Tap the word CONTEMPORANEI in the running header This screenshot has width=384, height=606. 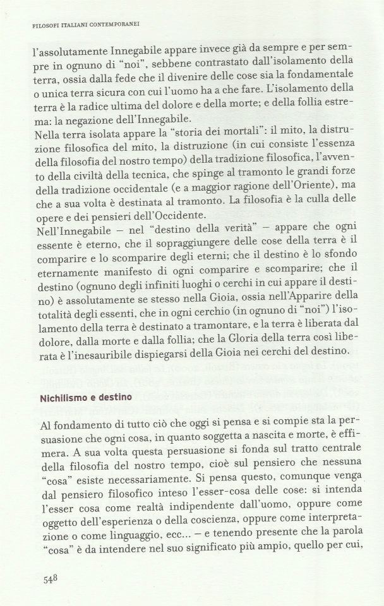113,26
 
